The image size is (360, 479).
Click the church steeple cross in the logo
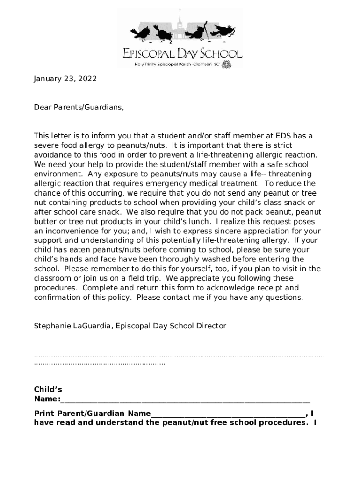click(180, 13)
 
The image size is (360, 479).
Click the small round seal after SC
click(226, 64)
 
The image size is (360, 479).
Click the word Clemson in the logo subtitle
click(199, 64)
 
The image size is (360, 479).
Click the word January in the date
click(47, 79)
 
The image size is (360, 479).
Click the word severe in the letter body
click(45, 145)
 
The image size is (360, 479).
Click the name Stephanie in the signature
click(52, 326)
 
